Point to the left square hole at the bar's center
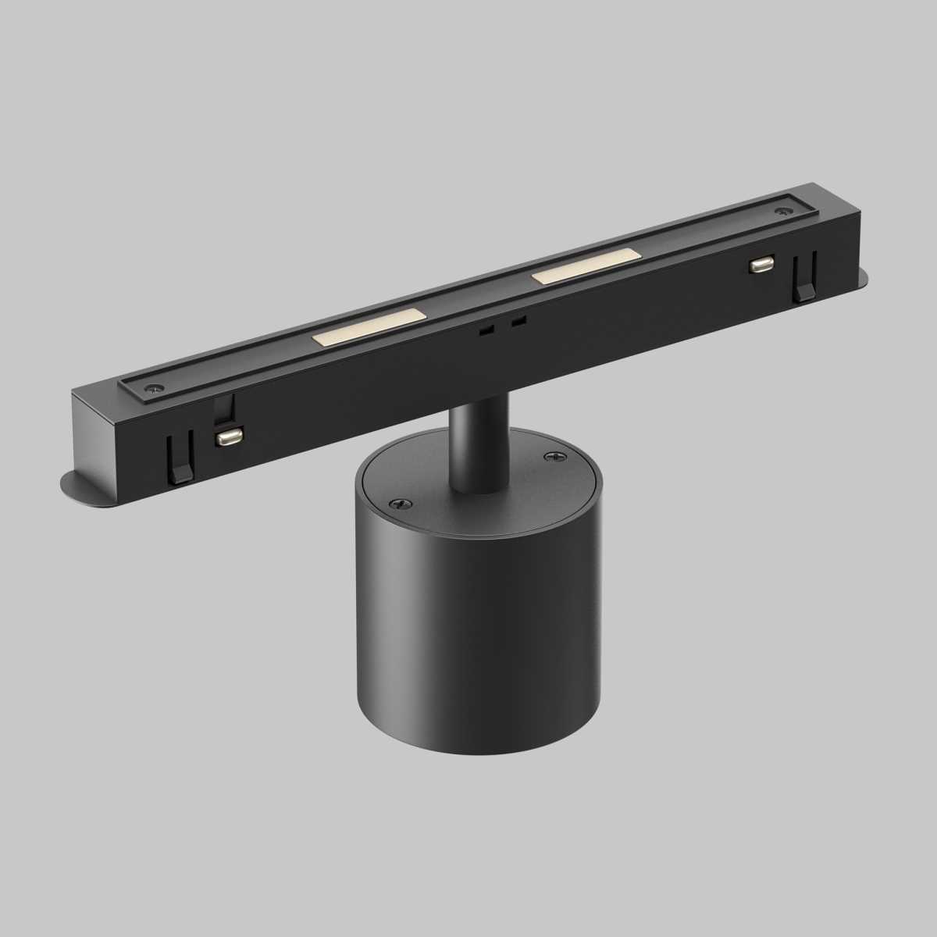pos(486,331)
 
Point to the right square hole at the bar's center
pos(518,321)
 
